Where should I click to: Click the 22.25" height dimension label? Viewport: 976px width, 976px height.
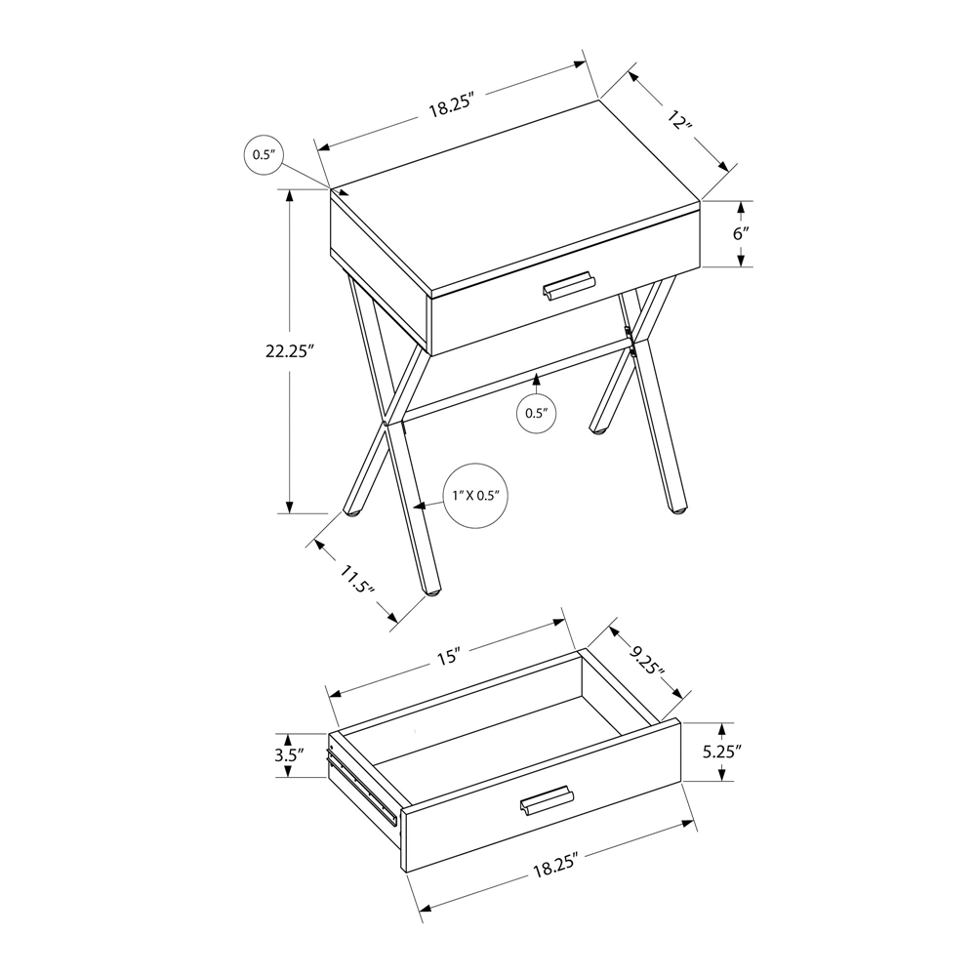point(287,351)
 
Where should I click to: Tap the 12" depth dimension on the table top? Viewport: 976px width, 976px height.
point(679,119)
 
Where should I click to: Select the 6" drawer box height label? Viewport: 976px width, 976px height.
point(740,234)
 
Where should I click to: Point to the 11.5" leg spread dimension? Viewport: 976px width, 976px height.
point(356,580)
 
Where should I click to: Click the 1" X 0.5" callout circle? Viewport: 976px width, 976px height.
point(475,496)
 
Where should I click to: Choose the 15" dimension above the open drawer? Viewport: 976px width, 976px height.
point(448,657)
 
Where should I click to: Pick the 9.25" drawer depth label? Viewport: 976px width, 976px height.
point(645,661)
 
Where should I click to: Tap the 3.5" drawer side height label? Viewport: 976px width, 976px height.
point(289,755)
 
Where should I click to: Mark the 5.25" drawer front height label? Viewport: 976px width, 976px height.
point(722,752)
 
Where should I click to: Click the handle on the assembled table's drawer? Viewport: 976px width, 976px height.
point(569,285)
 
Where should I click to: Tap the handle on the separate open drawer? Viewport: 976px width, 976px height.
point(548,799)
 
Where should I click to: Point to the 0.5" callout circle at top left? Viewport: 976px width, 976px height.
point(264,154)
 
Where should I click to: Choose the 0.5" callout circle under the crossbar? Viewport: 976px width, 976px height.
point(536,413)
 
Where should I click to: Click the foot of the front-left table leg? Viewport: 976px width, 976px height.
point(431,589)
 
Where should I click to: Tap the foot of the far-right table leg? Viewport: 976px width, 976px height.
point(677,509)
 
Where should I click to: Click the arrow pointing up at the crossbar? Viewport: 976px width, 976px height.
point(537,383)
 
